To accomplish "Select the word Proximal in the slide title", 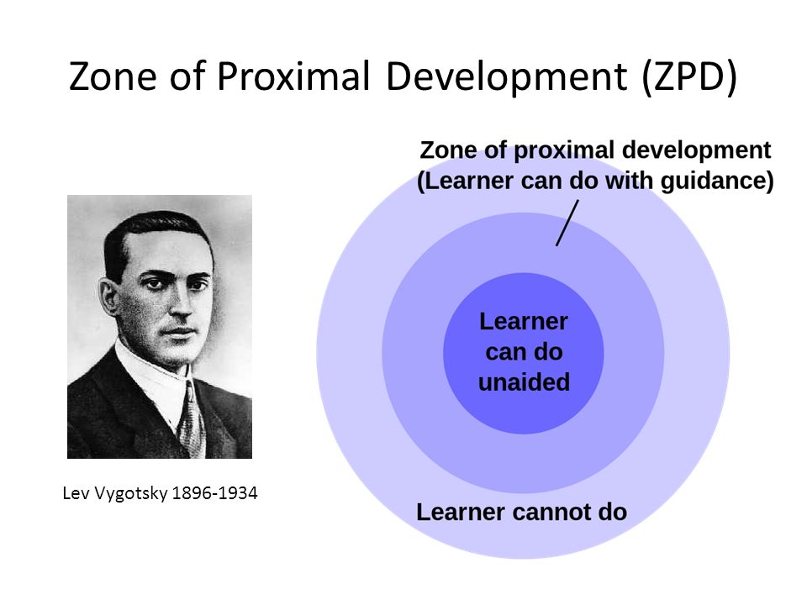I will point(293,76).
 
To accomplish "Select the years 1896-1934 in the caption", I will point(214,494).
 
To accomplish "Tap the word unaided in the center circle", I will point(524,383).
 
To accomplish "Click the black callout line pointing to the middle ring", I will point(567,223).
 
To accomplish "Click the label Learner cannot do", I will point(521,512).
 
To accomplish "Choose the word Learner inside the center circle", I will point(524,321).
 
